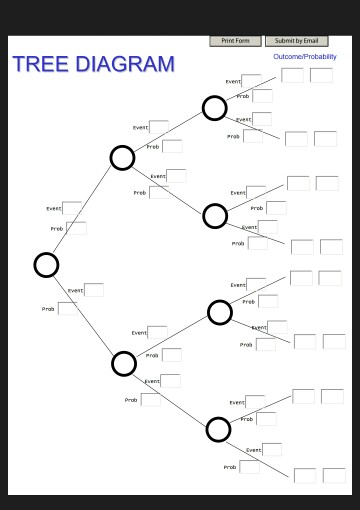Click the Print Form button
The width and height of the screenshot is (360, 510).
[236, 41]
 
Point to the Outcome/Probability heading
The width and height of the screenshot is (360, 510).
[305, 57]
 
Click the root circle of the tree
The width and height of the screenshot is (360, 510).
[46, 264]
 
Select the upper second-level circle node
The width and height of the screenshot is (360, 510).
[122, 158]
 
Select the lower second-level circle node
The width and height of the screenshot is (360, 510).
[124, 363]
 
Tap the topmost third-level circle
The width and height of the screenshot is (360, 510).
[215, 108]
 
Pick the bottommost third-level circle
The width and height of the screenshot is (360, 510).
[219, 429]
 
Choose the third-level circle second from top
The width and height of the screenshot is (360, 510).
[215, 215]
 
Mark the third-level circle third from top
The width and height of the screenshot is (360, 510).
[220, 313]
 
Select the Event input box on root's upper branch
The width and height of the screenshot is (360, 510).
[73, 208]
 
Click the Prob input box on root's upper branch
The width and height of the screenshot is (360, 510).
[76, 228]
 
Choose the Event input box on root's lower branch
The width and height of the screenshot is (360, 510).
[94, 290]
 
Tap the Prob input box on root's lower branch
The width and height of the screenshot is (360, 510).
[67, 308]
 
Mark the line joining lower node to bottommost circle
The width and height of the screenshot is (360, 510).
[172, 397]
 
